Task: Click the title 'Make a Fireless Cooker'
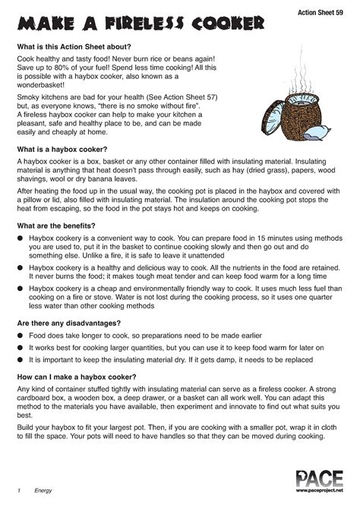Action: click(x=141, y=25)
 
